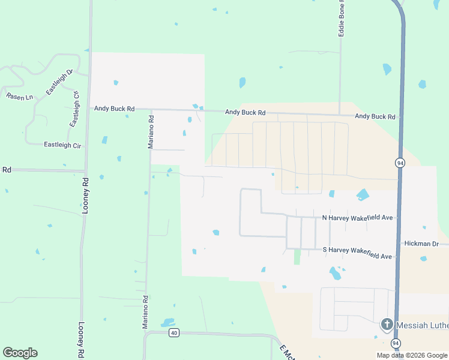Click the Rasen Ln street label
(19, 96)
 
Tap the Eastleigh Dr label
(59, 82)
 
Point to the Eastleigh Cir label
(62, 145)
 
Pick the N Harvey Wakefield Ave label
(358, 217)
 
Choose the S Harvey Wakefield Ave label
(357, 253)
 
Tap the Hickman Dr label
(422, 244)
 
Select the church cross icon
(387, 325)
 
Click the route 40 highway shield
(173, 332)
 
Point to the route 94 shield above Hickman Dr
(400, 163)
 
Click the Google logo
(20, 353)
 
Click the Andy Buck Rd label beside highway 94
(375, 116)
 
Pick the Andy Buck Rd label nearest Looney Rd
(115, 109)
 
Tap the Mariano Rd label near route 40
(145, 312)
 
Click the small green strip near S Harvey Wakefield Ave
(297, 257)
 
